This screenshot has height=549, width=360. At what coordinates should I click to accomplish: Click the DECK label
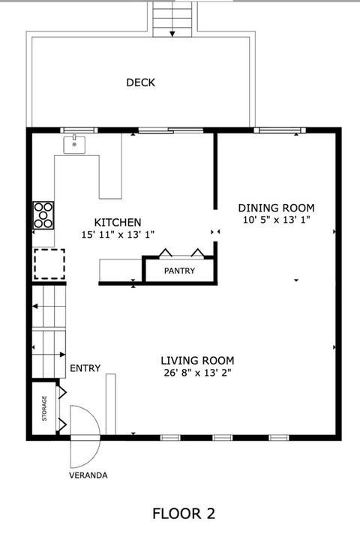tap(140, 82)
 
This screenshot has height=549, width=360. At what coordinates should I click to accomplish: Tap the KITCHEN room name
tap(118, 222)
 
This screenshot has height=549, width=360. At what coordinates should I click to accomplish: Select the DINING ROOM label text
tap(276, 208)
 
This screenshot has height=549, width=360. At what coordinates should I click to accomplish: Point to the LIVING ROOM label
tap(197, 361)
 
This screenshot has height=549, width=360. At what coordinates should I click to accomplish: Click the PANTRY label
tap(179, 271)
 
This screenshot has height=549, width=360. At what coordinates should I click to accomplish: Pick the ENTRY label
tap(85, 368)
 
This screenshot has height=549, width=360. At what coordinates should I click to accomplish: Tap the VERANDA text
tap(88, 475)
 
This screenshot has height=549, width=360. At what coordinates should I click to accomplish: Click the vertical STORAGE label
tap(44, 408)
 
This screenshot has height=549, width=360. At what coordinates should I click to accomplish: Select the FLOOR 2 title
tap(184, 514)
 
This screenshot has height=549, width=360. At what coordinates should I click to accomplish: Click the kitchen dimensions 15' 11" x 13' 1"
tap(118, 234)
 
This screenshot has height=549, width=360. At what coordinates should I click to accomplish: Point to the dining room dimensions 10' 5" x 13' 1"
tap(277, 220)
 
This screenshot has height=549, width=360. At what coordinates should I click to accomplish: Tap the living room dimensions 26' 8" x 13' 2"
tap(198, 373)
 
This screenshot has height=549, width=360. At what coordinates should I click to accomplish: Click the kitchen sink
tap(74, 145)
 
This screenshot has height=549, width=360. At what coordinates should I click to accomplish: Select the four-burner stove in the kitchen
tap(43, 215)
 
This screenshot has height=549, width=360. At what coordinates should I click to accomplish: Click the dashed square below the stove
tap(49, 264)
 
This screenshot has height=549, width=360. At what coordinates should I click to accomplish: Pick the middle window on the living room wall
tap(223, 437)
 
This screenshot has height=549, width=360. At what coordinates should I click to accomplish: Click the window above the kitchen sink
tap(79, 130)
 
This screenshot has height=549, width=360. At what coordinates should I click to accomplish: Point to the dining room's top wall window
tap(280, 130)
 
